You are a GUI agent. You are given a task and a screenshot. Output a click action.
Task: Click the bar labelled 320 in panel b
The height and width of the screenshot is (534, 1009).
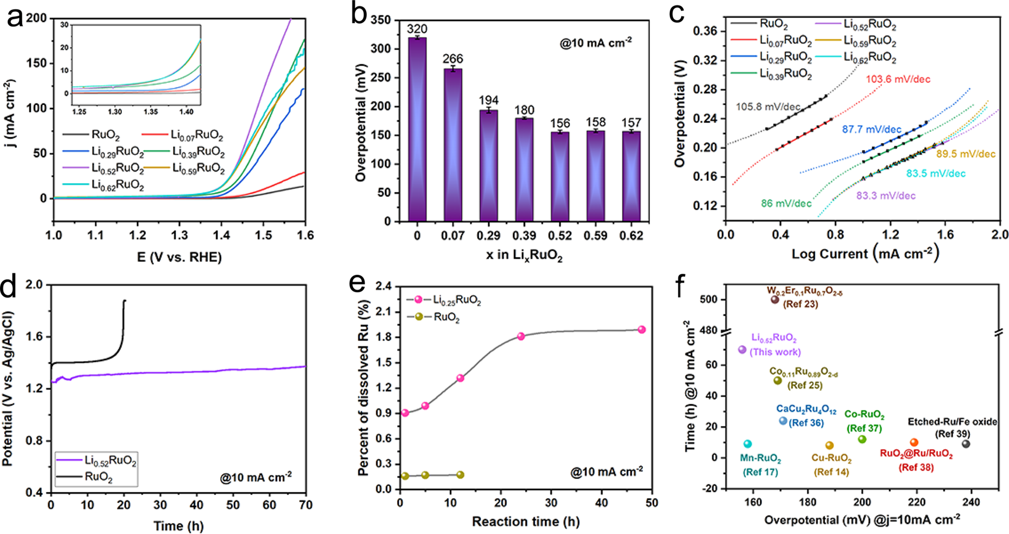pos(417,129)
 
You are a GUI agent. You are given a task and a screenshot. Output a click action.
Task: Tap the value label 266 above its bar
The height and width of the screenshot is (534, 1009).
pos(452,59)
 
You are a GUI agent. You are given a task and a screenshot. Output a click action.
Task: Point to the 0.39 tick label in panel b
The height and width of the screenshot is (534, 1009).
pos(524,236)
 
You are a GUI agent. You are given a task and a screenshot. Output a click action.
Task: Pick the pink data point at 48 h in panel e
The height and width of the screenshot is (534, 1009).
pos(641,330)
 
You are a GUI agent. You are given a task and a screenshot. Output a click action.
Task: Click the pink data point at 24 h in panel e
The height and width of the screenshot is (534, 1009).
pos(521,336)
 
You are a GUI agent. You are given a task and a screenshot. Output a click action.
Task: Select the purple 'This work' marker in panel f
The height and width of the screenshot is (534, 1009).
pos(742,350)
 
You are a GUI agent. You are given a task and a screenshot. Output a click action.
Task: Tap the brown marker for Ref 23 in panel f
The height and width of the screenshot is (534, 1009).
pos(774,300)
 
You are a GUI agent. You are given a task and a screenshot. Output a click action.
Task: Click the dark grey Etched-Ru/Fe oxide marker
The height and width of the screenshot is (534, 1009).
pos(966,444)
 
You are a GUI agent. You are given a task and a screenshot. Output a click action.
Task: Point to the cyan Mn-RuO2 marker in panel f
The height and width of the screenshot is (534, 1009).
pos(748,444)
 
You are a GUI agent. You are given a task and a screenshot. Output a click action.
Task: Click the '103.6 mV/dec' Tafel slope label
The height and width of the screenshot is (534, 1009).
pos(898,79)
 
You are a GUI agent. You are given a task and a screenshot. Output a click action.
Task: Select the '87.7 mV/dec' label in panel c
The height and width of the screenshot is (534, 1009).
pos(871,130)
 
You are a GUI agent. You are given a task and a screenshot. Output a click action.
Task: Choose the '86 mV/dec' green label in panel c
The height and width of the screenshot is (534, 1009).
pos(786,203)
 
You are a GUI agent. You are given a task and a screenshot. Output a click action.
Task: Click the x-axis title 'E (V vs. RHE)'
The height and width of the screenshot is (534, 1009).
pos(179,257)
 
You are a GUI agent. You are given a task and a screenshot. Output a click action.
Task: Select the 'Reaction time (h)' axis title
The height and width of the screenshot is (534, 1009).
pos(526,521)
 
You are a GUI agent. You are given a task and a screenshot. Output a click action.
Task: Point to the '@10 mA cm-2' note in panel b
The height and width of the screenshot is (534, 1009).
pos(596,43)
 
